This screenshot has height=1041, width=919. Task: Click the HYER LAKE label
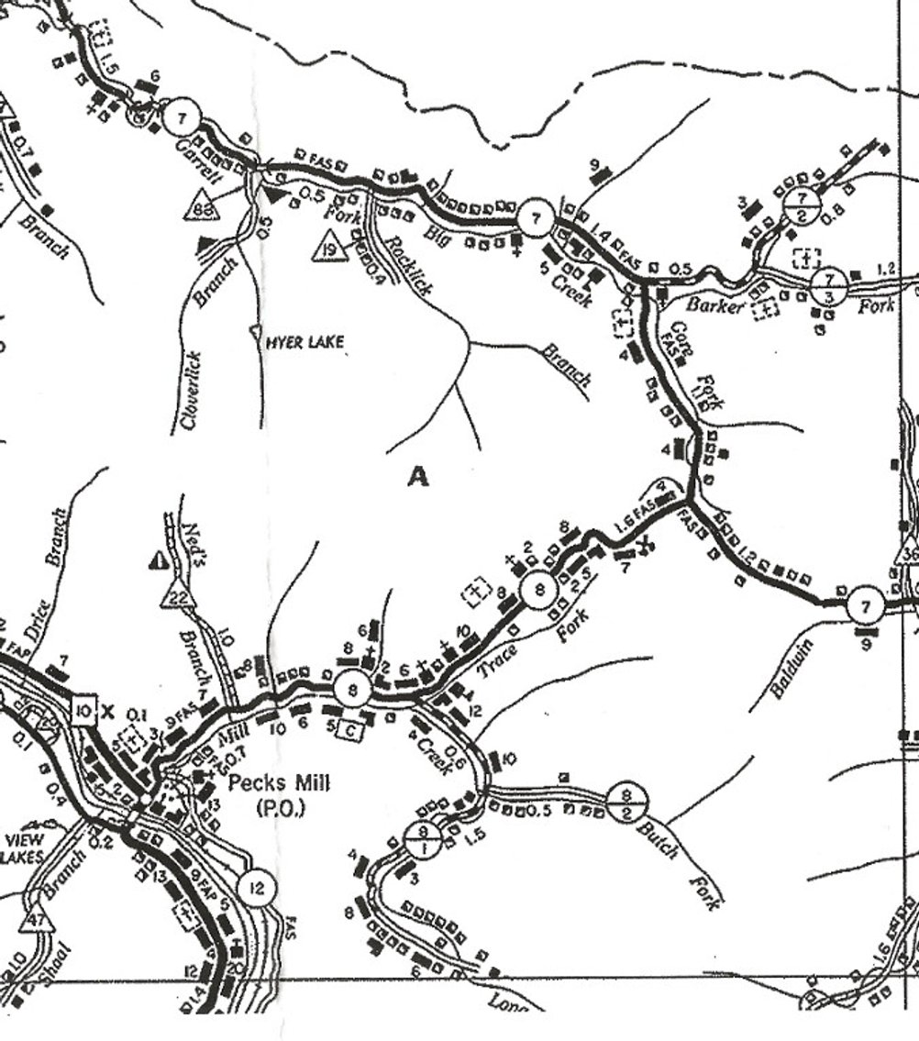click(x=304, y=343)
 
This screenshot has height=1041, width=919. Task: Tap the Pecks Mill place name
click(x=278, y=783)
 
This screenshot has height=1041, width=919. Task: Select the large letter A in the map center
click(x=418, y=477)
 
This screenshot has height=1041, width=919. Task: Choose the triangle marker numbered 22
click(x=179, y=597)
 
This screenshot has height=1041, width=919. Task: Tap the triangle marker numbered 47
click(x=37, y=920)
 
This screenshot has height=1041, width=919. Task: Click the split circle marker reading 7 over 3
click(x=829, y=286)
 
